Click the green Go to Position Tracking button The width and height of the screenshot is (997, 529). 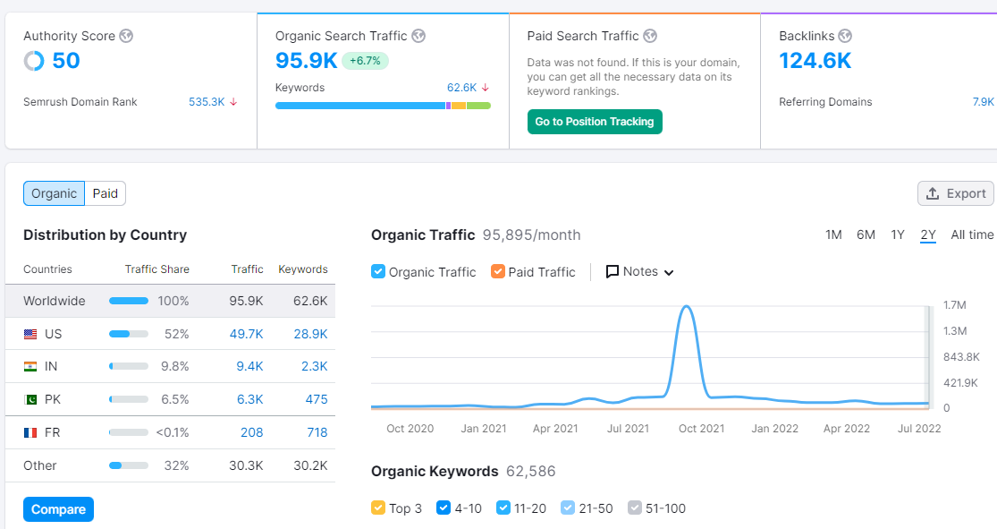coord(595,122)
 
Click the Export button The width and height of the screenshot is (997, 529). coord(956,193)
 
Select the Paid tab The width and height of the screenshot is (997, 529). coord(105,193)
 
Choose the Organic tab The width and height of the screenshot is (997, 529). coord(54,193)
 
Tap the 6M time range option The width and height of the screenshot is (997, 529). coord(866,235)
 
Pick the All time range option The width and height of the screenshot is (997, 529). coord(972,235)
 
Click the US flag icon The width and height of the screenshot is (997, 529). coord(30,334)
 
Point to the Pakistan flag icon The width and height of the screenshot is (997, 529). coord(30,400)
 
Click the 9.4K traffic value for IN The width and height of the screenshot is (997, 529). coord(249,366)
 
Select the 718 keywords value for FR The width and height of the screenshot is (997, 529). coord(317,432)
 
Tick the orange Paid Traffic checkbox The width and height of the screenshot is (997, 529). coord(498,272)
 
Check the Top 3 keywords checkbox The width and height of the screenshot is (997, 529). coord(377,508)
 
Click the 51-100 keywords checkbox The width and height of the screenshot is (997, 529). coord(635,508)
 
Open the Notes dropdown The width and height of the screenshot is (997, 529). coord(639,272)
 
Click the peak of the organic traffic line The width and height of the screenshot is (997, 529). coord(687,307)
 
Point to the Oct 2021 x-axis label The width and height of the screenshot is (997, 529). coord(701,429)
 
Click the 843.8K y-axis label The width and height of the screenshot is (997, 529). coord(961,356)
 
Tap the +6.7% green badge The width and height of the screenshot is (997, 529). coord(365,61)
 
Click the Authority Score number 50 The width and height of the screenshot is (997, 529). coord(66,61)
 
